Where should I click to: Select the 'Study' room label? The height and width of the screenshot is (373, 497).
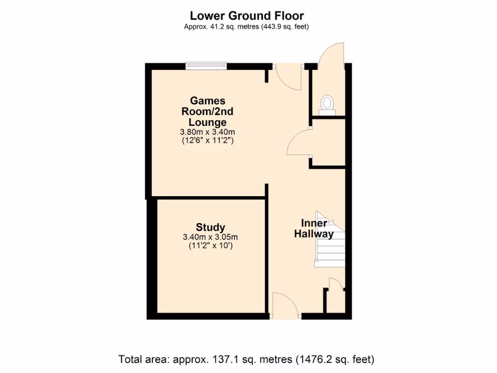[x=210, y=227]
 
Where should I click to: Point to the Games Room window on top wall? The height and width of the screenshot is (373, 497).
[x=206, y=66]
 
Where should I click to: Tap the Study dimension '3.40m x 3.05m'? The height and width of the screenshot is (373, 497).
[x=210, y=237]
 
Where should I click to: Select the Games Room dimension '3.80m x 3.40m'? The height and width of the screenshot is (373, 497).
[x=208, y=132]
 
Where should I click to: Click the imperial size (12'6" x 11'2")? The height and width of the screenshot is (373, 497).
[x=208, y=141]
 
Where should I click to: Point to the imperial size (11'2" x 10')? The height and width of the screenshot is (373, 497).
[x=210, y=246]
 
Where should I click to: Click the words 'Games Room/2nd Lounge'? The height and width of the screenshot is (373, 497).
[x=208, y=111]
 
